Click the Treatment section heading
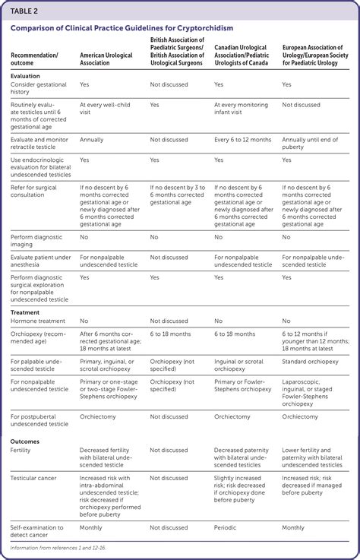tap(27, 312)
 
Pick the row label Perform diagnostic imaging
tap(34, 241)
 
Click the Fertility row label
tap(21, 451)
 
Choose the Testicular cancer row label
tap(33, 478)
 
